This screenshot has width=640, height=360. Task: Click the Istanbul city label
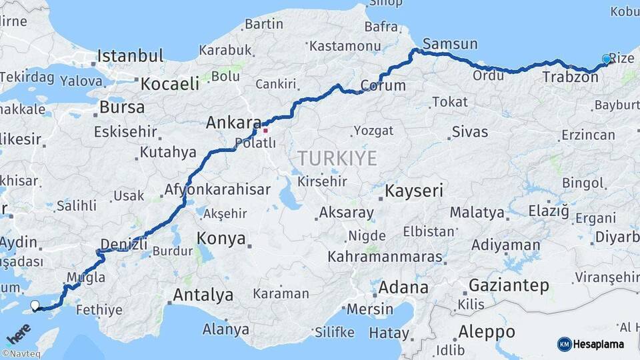[130, 56]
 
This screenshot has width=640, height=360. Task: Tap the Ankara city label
[233, 123]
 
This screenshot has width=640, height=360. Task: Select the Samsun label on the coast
[450, 44]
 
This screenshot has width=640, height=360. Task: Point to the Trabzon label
[570, 77]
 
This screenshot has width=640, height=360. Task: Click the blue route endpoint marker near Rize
[606, 59]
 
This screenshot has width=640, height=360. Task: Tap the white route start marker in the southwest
[35, 305]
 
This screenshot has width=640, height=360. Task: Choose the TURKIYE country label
[337, 159]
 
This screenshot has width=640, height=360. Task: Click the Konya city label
[221, 239]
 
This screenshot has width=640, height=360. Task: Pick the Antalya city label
[203, 295]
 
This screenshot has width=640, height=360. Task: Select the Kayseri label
[414, 191]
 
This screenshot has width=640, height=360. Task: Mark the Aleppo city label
[487, 331]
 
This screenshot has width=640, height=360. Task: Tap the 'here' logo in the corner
[18, 332]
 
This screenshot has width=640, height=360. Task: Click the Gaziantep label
[509, 286]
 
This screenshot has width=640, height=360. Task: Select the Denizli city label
[123, 244]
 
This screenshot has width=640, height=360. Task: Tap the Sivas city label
[469, 131]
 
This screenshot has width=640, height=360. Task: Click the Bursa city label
[121, 107]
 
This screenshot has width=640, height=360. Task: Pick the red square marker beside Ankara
[265, 130]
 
